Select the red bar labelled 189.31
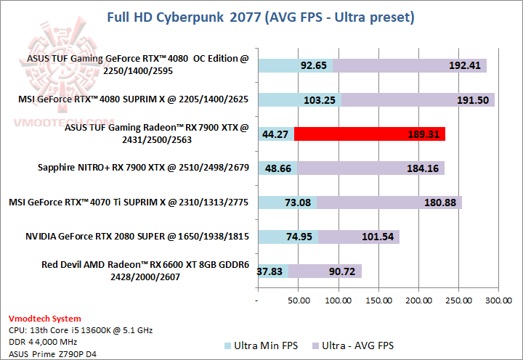point(370,134)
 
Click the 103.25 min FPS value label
point(318,100)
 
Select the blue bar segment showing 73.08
point(287,202)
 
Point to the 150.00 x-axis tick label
point(378,299)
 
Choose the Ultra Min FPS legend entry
point(261,345)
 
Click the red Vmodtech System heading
point(45,319)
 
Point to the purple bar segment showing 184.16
point(370,168)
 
